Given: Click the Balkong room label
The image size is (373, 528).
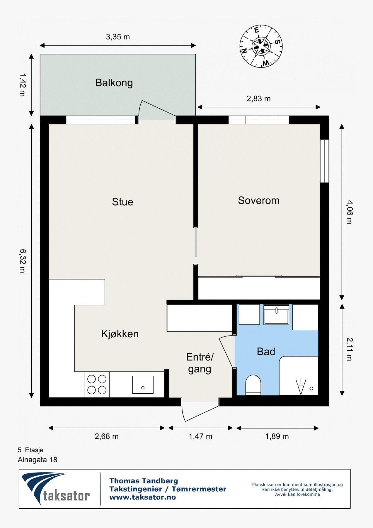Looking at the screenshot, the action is click(x=114, y=83).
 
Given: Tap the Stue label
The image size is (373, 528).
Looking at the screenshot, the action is click(x=122, y=202).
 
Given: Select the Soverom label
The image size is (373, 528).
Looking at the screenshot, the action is click(x=259, y=201).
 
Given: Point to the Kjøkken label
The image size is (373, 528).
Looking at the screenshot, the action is click(x=120, y=334).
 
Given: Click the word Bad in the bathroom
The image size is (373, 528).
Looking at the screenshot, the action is click(x=266, y=351).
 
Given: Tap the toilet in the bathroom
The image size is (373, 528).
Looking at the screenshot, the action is click(x=253, y=385).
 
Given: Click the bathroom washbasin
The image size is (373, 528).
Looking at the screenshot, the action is click(x=276, y=314).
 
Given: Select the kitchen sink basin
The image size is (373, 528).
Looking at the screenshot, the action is click(x=143, y=385).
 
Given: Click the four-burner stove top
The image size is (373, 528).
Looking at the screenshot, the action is click(x=97, y=385).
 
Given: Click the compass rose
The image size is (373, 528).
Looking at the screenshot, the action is click(x=261, y=46).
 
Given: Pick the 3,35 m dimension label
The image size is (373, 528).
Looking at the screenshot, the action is click(x=118, y=37).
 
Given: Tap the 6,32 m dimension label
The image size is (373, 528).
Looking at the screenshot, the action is click(x=23, y=261).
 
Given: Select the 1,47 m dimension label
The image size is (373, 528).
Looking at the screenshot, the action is click(x=200, y=436).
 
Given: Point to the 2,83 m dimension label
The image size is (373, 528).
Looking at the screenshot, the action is click(x=258, y=99).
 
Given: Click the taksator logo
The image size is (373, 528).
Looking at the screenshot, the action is click(x=56, y=489).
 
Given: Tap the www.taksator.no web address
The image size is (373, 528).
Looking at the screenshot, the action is click(x=143, y=497).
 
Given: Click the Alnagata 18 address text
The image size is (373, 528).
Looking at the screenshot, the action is click(x=38, y=460).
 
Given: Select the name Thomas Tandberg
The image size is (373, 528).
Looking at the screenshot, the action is click(x=144, y=481).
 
